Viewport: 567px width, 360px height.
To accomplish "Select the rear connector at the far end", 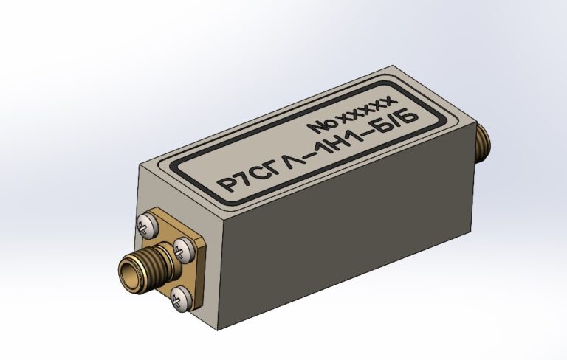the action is (483, 143).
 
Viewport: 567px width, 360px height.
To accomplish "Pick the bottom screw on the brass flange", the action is (181, 298).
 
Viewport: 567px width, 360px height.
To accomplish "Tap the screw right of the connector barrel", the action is (184, 249).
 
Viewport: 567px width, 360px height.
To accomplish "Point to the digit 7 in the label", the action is (247, 179).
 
